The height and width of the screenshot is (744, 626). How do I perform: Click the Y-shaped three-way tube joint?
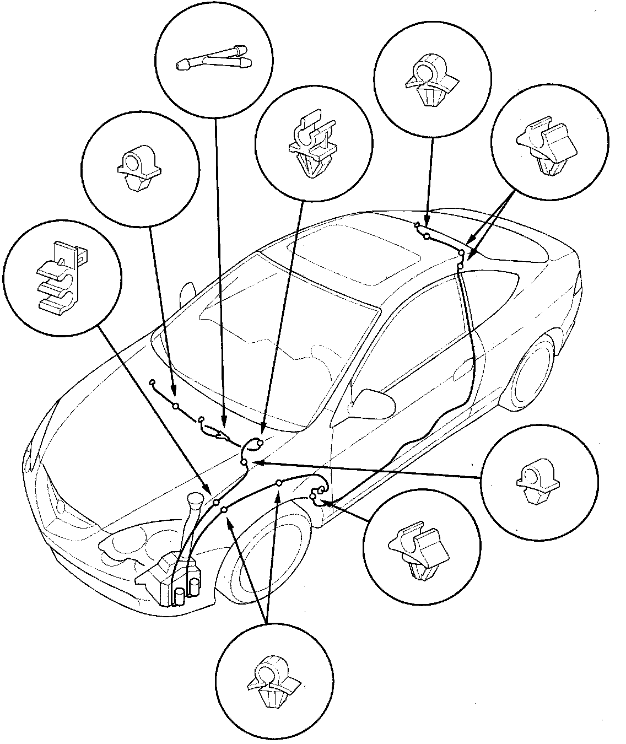pos(213,60)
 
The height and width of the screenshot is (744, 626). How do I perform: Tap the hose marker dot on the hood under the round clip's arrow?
pos(175,406)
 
